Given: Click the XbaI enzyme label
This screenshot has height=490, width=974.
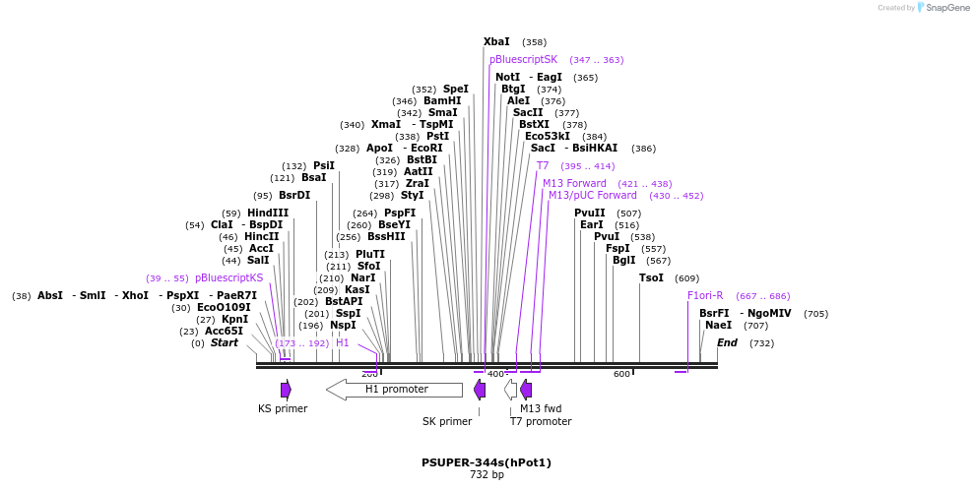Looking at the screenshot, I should (x=496, y=42).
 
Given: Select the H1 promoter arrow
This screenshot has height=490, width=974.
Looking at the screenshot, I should (x=394, y=390).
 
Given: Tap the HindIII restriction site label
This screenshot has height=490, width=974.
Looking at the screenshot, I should (x=268, y=213).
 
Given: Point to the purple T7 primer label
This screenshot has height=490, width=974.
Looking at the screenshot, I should (x=543, y=166).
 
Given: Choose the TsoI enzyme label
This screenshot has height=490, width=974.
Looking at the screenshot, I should (x=651, y=278).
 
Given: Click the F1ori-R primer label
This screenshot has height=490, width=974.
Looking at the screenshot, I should (x=705, y=296).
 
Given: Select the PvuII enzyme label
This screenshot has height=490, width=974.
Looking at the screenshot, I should (x=590, y=213).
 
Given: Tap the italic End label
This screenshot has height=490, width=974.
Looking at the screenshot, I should (x=727, y=342).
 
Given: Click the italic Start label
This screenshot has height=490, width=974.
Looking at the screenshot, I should (x=225, y=342).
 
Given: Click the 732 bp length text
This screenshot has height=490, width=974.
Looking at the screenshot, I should (x=487, y=475).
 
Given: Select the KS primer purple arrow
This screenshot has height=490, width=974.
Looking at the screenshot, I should (x=286, y=390).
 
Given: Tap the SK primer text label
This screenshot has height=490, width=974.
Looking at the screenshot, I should (x=447, y=421).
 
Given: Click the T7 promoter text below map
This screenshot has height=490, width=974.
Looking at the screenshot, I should (x=541, y=421).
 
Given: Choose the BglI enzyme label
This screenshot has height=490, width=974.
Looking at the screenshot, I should (x=624, y=261).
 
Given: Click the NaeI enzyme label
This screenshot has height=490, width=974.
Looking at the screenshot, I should (x=718, y=325).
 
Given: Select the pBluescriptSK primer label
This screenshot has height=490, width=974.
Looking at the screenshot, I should (x=523, y=60).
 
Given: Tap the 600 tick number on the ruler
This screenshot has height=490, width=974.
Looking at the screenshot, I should (x=621, y=374).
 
